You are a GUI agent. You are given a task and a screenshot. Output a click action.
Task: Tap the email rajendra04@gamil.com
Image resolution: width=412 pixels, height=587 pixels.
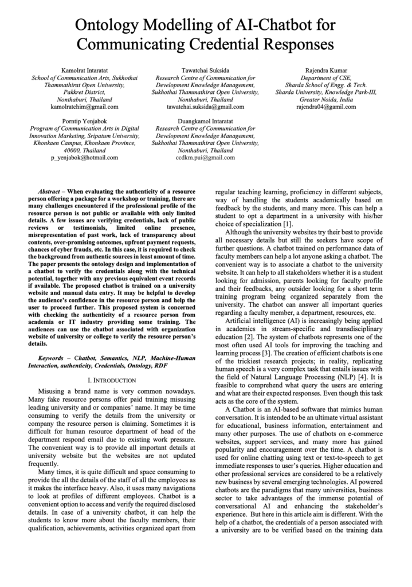click(x=326, y=107)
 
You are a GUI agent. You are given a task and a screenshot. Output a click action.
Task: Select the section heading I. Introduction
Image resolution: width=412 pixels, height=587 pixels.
click(x=112, y=381)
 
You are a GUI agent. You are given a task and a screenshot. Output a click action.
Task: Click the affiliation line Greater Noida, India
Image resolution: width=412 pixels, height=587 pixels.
click(x=326, y=99)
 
